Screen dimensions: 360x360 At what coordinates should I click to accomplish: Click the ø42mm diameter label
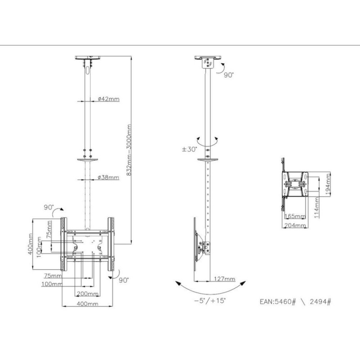click(x=108, y=99)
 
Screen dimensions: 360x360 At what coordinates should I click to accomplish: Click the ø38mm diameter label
click(x=108, y=177)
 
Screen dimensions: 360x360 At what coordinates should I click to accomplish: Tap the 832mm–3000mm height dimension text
click(x=129, y=150)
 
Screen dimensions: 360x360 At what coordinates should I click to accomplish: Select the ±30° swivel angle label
click(x=189, y=149)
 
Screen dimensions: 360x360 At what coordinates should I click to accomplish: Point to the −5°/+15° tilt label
click(x=210, y=301)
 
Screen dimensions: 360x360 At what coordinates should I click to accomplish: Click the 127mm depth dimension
click(x=225, y=279)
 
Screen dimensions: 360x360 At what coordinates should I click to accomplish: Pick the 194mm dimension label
click(x=328, y=184)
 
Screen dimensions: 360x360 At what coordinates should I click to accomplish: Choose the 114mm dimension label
click(x=317, y=207)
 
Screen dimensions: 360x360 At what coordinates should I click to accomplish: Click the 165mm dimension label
click(x=295, y=216)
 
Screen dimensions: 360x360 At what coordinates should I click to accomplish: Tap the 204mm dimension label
click(x=295, y=225)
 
